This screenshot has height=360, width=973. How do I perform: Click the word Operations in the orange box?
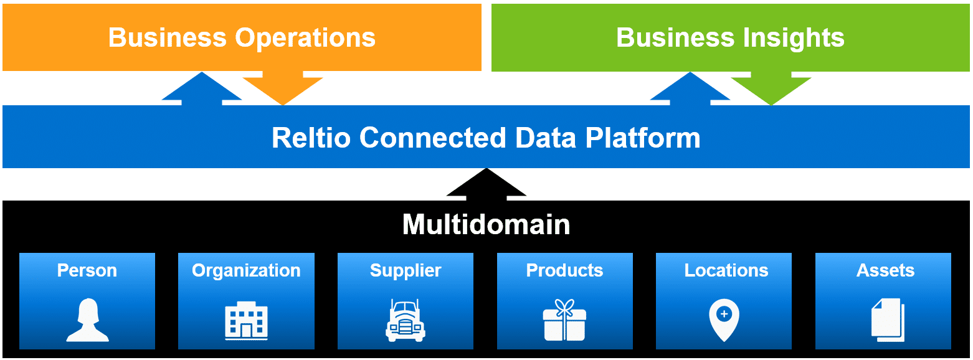pyautogui.click(x=305, y=38)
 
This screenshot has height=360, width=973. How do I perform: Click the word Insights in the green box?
pyautogui.click(x=794, y=38)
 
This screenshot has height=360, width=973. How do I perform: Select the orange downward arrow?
pyautogui.click(x=282, y=88)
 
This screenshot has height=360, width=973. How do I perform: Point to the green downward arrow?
pyautogui.click(x=771, y=88)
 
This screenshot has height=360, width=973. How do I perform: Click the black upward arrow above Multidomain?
pyautogui.click(x=486, y=184)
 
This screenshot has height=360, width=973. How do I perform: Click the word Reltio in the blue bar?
pyautogui.click(x=311, y=138)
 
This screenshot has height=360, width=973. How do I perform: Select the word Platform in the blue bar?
pyautogui.click(x=643, y=138)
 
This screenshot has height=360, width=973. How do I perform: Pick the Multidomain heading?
pyautogui.click(x=486, y=224)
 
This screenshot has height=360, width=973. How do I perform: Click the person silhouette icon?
pyautogui.click(x=87, y=320)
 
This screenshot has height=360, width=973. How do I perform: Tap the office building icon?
pyautogui.click(x=246, y=321)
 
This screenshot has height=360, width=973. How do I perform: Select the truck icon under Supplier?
pyautogui.click(x=406, y=321)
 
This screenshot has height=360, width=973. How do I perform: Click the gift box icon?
pyautogui.click(x=565, y=320)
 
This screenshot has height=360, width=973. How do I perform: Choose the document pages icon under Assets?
pyautogui.click(x=888, y=320)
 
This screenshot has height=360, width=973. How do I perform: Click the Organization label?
pyautogui.click(x=246, y=271)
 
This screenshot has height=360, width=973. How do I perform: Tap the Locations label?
pyautogui.click(x=726, y=270)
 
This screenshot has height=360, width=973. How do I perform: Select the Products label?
pyautogui.click(x=565, y=270)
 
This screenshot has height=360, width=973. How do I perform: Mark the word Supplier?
pyautogui.click(x=406, y=271)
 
